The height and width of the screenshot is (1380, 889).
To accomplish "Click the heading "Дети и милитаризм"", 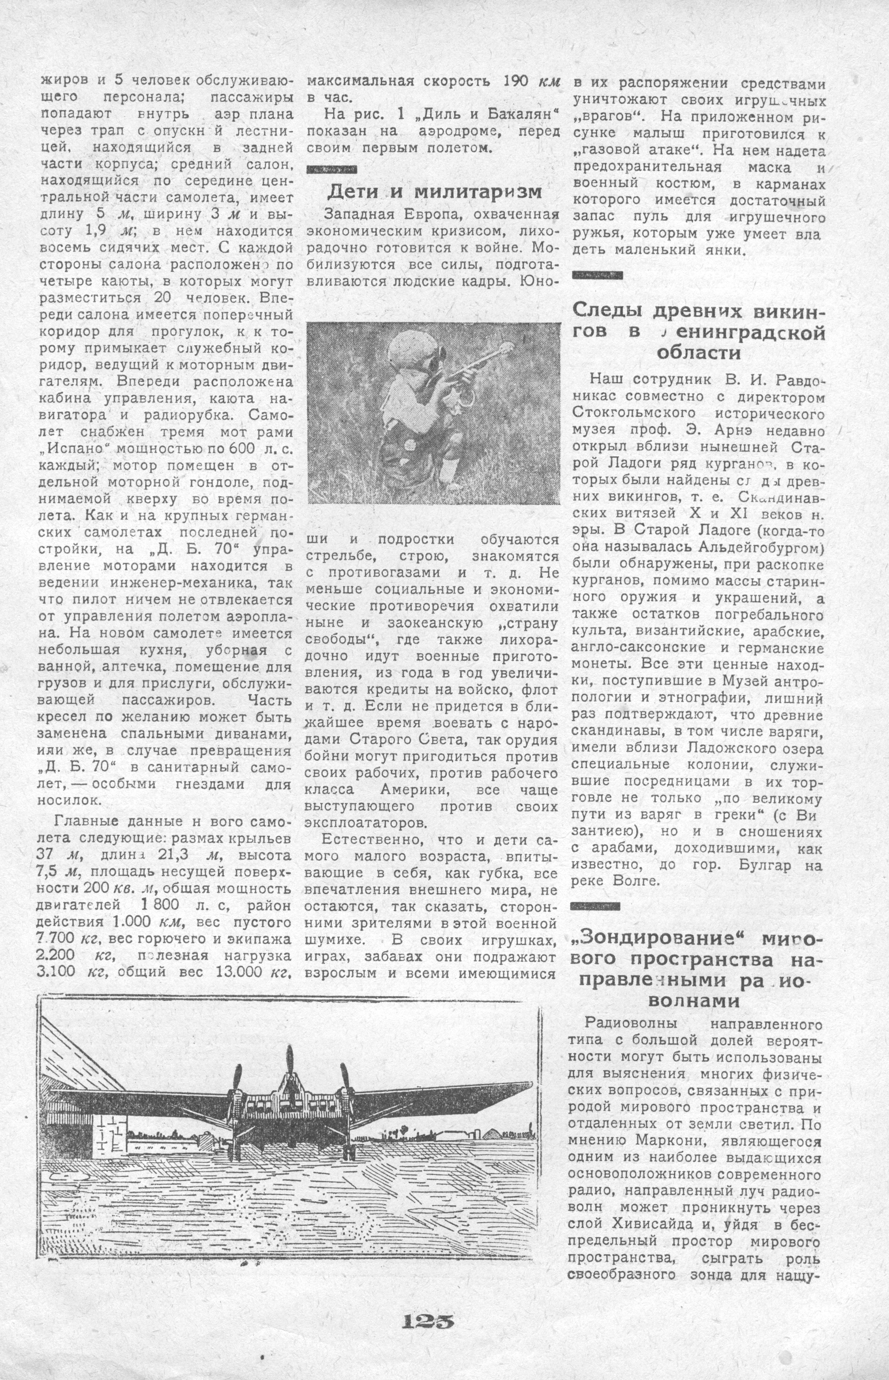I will [x=435, y=191].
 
